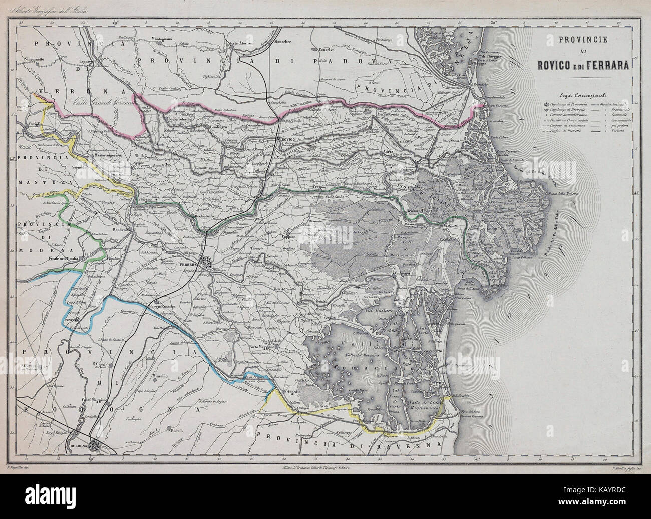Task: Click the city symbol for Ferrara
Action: tap(206, 262)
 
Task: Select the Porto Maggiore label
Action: tap(263, 347)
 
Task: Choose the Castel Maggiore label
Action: tap(97, 399)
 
